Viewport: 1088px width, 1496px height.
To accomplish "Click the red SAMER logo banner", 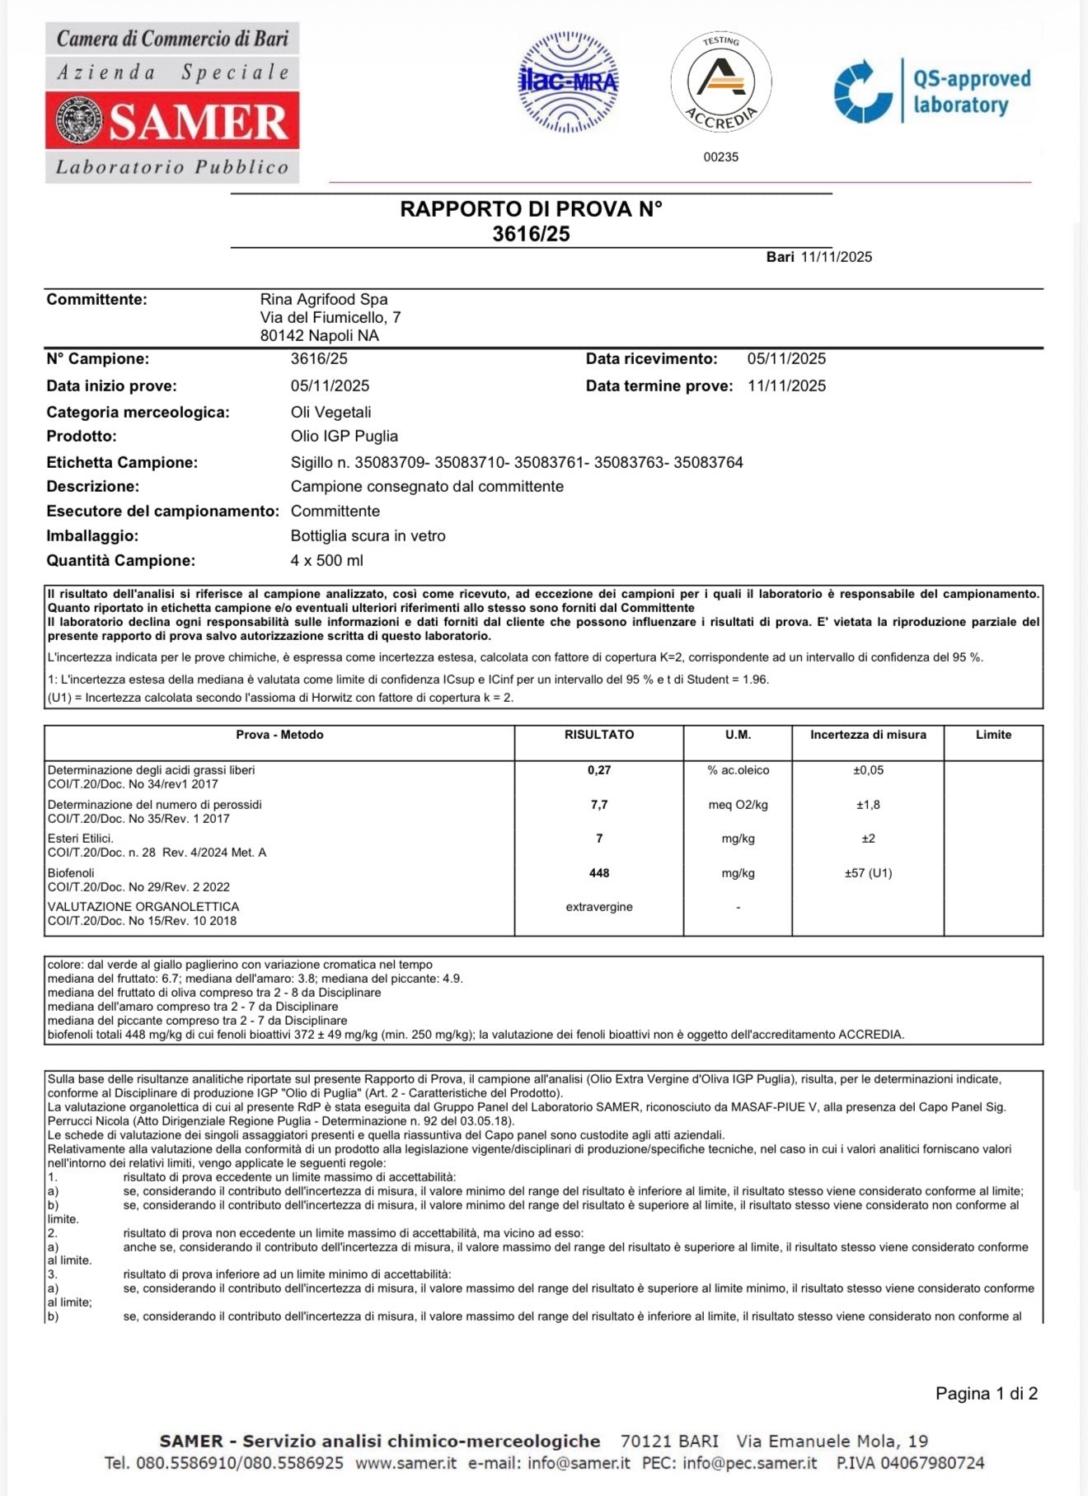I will pos(172,120).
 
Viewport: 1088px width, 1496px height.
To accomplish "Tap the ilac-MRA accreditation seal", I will pos(568,82).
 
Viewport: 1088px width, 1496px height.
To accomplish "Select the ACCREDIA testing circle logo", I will pos(721,82).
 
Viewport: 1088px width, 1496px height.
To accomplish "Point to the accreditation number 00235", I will pos(721,157).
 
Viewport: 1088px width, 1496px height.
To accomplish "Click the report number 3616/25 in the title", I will pos(531,234).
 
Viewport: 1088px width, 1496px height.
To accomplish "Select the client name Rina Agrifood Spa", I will pos(324,300).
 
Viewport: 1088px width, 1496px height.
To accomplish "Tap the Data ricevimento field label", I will pos(651,359).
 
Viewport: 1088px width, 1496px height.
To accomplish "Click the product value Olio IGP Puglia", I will pos(345,437).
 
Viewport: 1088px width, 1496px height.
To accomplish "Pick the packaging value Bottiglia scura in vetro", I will pos(368,536).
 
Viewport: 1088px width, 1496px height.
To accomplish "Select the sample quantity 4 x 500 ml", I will pos(326,561).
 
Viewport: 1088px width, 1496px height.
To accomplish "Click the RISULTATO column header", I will pos(599,735).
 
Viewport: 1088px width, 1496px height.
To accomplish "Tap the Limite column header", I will pos(993,735).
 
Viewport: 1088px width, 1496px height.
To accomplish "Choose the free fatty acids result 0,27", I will pos(599,770).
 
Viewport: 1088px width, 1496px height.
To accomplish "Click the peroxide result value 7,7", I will pos(599,805).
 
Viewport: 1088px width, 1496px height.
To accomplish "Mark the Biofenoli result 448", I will pos(599,873).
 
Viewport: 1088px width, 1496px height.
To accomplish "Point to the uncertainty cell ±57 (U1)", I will pos(868,873).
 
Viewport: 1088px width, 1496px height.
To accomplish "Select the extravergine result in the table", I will pos(599,907).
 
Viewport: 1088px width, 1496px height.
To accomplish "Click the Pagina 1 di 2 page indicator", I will pos(987,1394).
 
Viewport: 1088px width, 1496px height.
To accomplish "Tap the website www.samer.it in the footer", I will pos(406,1463).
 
